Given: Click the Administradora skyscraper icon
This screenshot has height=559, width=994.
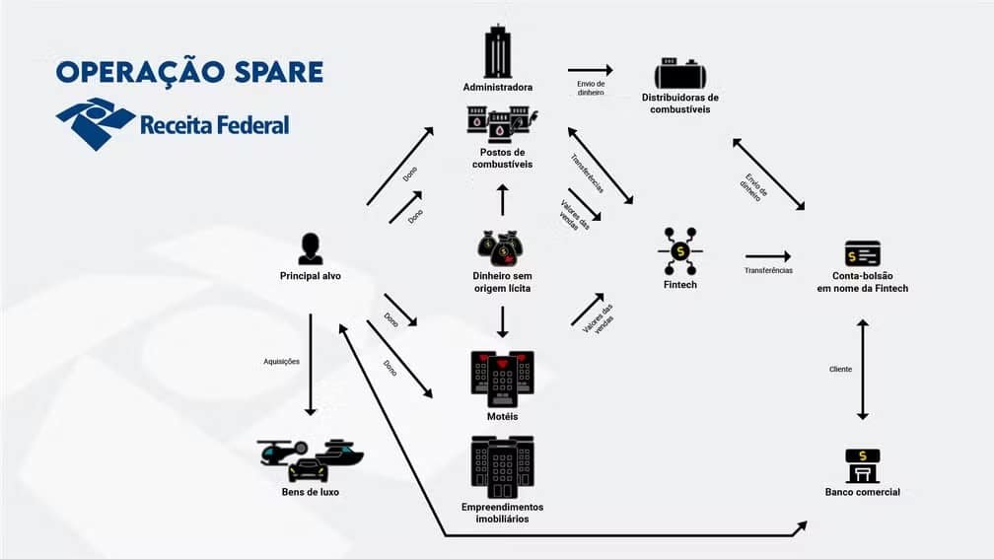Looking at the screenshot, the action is [x=498, y=51].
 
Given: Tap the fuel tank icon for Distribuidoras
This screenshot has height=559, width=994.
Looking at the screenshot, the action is [x=680, y=74].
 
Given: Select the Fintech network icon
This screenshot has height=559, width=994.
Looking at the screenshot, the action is [x=680, y=251].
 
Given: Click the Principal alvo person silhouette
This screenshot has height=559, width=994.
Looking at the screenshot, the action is [x=310, y=248].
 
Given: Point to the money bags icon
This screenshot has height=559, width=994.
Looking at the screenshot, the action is [x=502, y=248].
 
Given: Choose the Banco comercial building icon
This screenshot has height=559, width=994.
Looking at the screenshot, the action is [x=862, y=465].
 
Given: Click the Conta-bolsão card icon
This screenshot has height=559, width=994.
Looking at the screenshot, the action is [x=862, y=253].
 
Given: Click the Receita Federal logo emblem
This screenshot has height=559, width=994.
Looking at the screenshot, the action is [x=95, y=123].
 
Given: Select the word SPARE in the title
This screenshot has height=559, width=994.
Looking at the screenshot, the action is [x=278, y=72].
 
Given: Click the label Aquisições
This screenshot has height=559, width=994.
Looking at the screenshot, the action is [x=281, y=361].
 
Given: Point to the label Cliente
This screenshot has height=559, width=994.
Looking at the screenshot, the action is [x=840, y=369].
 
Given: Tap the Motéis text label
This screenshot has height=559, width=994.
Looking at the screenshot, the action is [x=502, y=416].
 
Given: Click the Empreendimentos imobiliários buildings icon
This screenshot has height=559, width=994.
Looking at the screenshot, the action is [x=502, y=467].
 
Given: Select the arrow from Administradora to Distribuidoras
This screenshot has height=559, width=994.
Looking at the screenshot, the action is [x=590, y=70].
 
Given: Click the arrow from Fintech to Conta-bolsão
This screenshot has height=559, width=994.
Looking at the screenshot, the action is [x=768, y=256].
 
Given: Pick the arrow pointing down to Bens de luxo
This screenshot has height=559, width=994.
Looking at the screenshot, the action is [x=310, y=365].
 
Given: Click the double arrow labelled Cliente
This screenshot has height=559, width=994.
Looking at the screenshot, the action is [x=862, y=370].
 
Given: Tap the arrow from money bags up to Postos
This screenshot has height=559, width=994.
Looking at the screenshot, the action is [x=502, y=199].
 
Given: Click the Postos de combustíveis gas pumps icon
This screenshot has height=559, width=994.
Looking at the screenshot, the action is [x=502, y=123].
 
